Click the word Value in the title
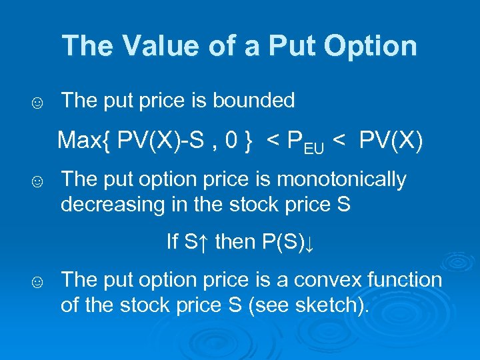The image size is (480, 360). click(147, 46)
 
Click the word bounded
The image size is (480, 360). click(254, 101)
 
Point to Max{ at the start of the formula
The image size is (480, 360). click(84, 141)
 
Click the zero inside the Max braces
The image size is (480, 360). click(231, 141)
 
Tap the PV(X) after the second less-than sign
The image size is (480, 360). click(390, 141)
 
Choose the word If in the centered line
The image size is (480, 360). click(173, 241)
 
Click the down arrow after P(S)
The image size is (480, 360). click(309, 243)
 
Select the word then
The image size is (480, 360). click(235, 241)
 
